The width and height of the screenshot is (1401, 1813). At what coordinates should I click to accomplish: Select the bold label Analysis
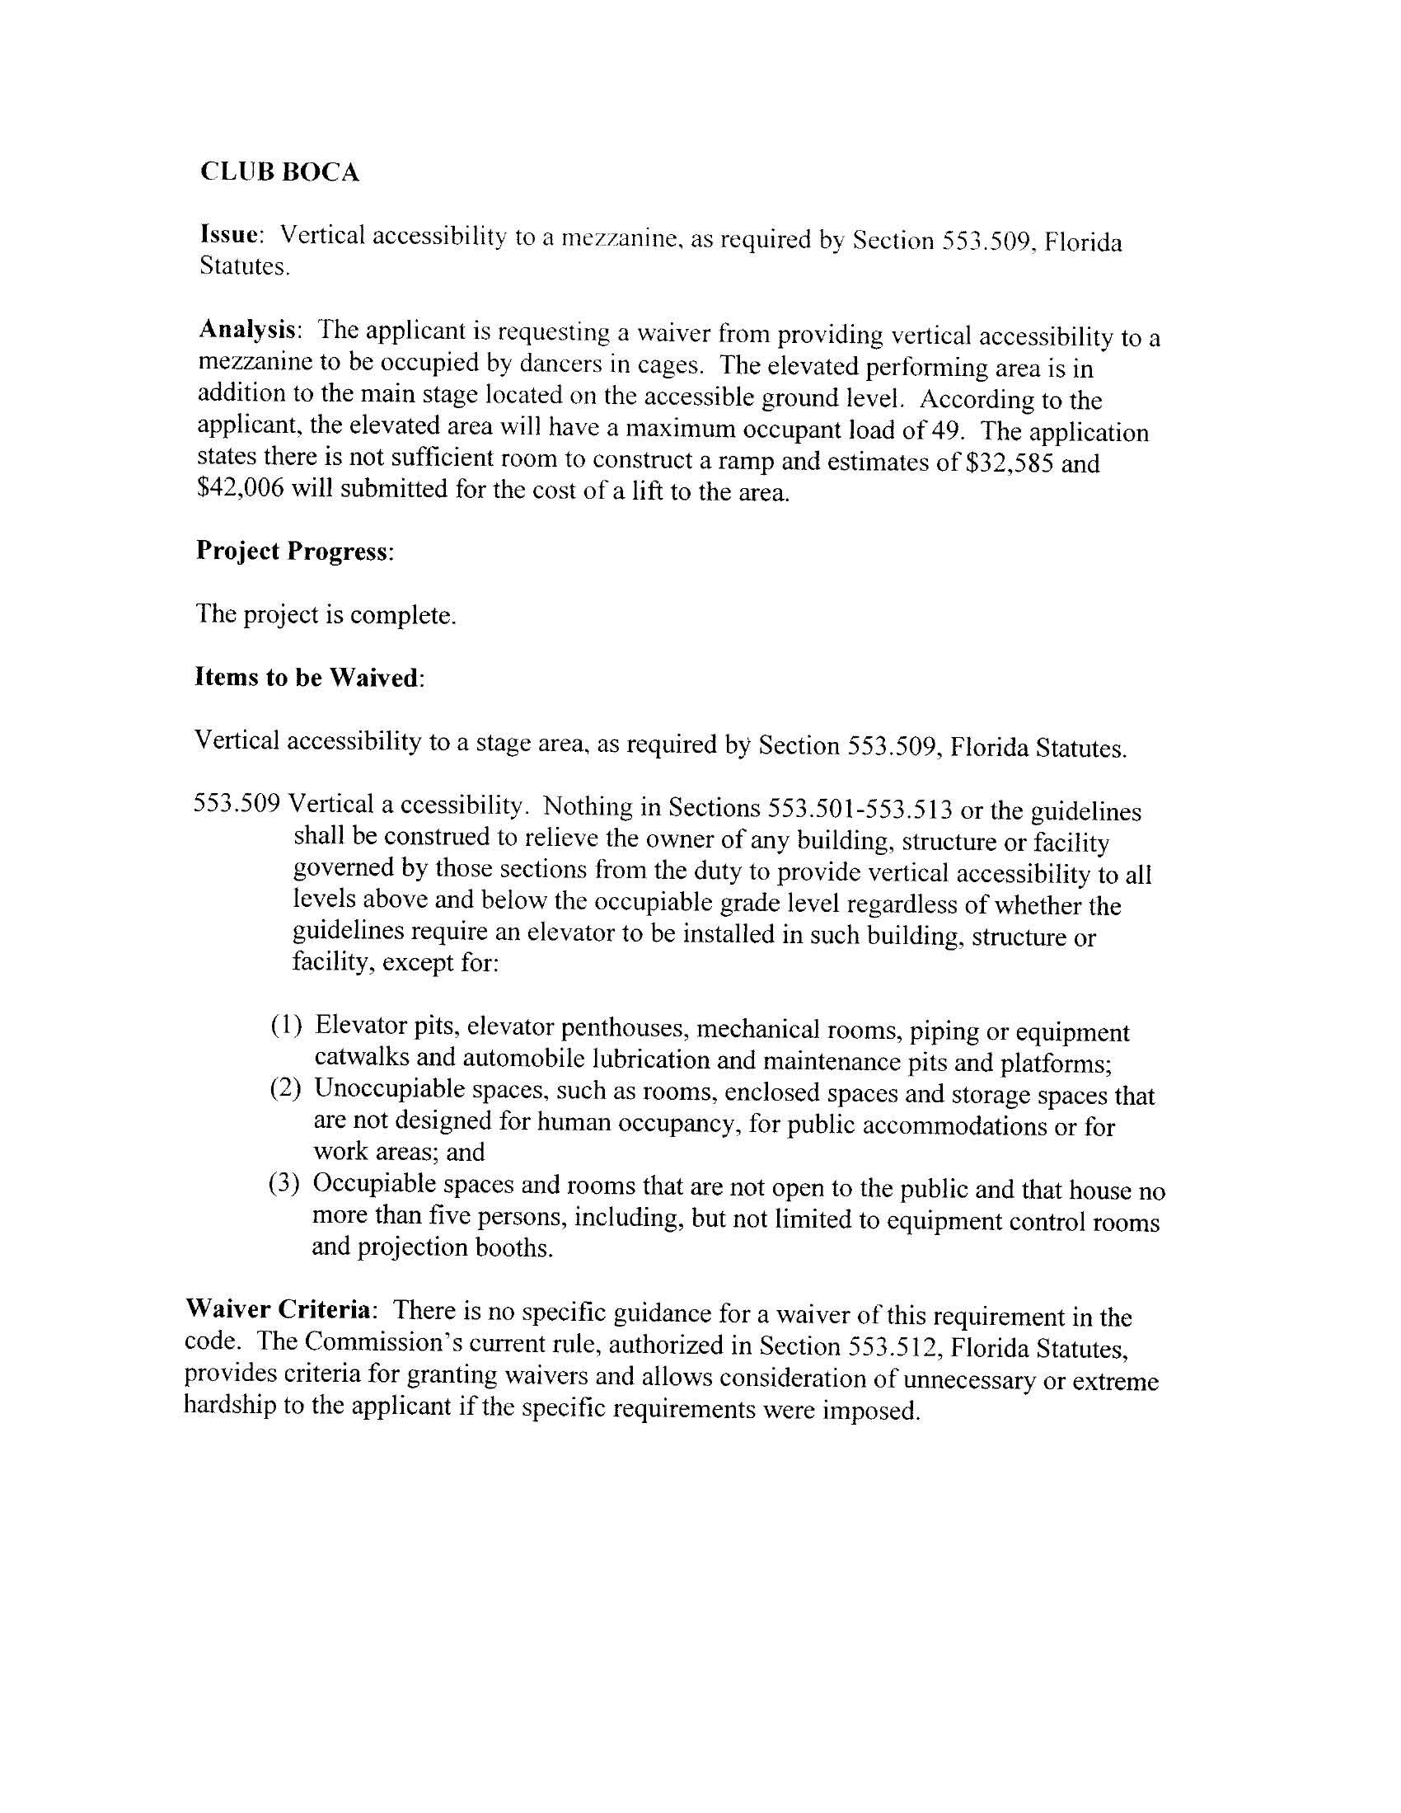(247, 330)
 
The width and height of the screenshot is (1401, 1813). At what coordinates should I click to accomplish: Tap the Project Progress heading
(293, 552)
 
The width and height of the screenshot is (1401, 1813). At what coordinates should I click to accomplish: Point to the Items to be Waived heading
(308, 678)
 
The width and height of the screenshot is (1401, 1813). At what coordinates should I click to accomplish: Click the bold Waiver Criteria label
(279, 1309)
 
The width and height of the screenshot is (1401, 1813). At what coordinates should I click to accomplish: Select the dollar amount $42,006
(241, 488)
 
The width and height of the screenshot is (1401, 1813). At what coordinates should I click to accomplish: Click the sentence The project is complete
(326, 615)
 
